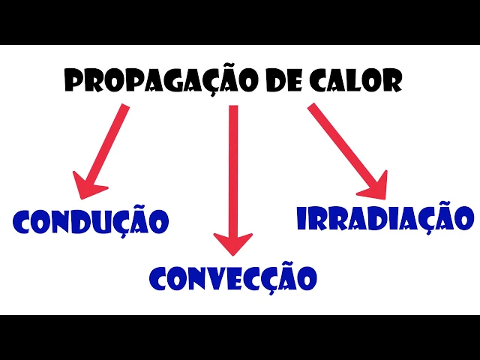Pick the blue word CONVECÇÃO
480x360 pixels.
click(x=233, y=278)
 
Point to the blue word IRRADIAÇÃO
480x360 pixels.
click(x=385, y=217)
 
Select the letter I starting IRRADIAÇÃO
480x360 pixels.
click(x=302, y=217)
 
